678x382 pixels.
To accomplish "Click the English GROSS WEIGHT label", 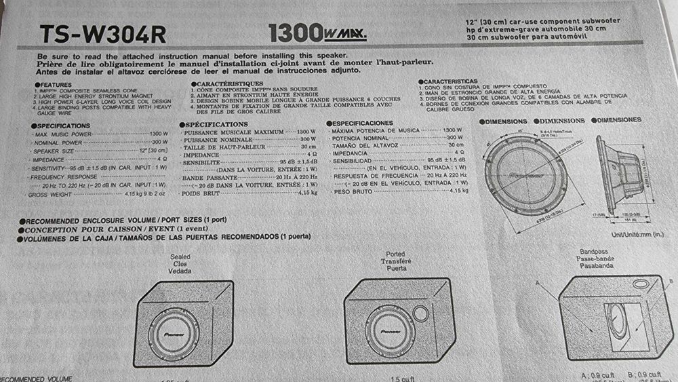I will (x=51, y=195).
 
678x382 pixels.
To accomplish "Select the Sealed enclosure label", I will (x=181, y=259).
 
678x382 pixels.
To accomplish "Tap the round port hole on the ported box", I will (x=420, y=313).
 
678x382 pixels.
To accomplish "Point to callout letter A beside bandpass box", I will (x=538, y=281).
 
